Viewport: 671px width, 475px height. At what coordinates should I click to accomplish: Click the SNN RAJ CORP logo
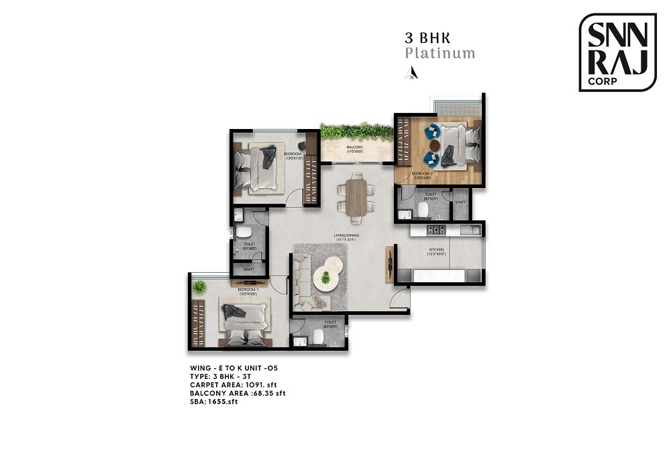(617, 52)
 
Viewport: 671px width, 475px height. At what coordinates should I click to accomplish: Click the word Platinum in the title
(440, 54)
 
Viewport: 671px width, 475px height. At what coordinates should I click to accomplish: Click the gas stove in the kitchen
(437, 230)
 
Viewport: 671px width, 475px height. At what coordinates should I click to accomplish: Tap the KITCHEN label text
(437, 250)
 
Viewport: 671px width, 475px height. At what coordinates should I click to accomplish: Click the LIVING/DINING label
(348, 235)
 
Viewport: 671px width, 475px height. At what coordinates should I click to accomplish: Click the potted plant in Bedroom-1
(199, 288)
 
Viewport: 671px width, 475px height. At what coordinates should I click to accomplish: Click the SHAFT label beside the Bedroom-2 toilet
(460, 202)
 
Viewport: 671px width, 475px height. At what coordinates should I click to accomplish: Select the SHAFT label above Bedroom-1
(248, 269)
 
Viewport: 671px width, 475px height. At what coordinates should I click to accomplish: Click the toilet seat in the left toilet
(240, 233)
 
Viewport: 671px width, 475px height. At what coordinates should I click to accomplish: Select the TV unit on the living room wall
(389, 264)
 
